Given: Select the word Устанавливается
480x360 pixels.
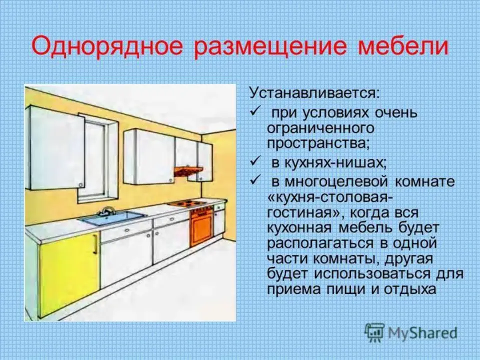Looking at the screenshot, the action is coord(314,93).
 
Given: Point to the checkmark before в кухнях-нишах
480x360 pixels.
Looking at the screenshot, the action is coord(255,160).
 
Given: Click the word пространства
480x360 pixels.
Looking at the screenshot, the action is coord(318,143).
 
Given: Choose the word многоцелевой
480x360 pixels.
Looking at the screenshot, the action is coord(336,182).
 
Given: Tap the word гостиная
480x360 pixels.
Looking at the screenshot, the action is coord(303,213).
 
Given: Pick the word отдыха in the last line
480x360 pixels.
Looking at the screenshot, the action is coord(409,289).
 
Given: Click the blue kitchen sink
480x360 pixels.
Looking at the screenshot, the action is coord(112,217).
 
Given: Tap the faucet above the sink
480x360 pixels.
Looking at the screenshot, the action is coord(107,210).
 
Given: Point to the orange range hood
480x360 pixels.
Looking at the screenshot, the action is coord(187,171).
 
